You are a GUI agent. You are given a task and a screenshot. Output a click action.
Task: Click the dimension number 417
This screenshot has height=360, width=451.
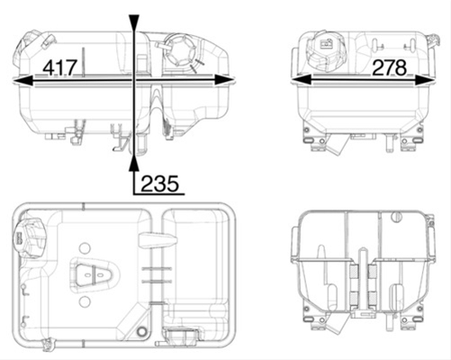60,67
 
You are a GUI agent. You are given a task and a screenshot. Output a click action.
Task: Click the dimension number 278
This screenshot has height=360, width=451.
390,67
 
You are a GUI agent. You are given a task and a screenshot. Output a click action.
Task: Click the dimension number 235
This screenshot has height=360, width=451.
159,184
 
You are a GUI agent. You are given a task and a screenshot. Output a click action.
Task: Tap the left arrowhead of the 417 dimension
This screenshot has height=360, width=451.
23,80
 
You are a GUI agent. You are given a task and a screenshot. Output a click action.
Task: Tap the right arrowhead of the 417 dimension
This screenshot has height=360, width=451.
224,80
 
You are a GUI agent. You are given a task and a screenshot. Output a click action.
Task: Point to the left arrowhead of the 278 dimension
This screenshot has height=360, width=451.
301,80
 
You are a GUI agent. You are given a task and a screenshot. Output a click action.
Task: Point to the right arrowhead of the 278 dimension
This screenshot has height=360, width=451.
425,80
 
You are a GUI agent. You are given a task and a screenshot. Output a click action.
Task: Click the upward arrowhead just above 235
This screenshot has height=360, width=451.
134,164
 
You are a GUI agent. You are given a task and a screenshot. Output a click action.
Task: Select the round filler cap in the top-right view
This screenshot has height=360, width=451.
326,51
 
